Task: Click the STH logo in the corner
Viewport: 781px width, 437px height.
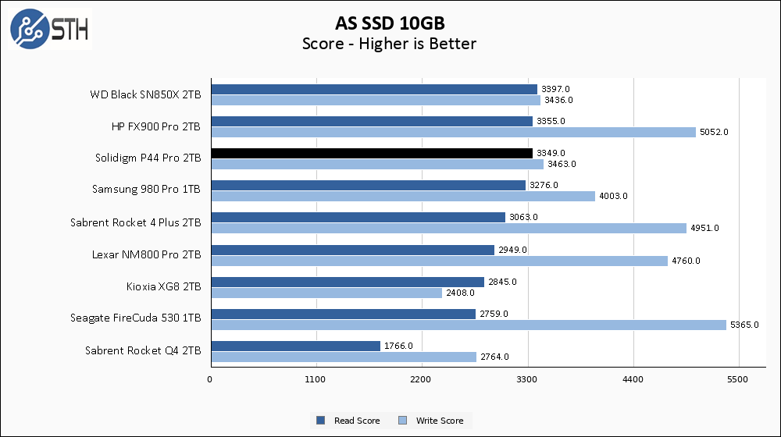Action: coord(49,29)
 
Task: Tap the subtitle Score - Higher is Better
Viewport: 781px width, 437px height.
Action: coord(389,44)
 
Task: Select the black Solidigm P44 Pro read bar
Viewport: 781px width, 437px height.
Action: coord(371,153)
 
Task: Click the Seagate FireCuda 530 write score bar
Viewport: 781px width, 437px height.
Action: coord(468,325)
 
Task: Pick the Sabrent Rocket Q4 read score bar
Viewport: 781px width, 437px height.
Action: coord(295,346)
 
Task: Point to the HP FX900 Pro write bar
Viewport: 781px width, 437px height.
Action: coord(453,132)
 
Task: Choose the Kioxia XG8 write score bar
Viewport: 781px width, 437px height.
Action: coord(326,293)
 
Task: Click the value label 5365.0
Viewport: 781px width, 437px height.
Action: coord(744,325)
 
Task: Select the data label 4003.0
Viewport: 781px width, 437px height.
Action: coord(613,196)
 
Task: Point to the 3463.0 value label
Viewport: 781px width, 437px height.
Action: coord(561,164)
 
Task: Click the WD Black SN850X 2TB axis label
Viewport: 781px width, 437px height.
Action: coord(145,94)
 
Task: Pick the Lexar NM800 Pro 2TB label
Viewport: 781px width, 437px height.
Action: coord(146,254)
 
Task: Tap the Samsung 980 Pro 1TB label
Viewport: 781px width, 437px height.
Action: coord(146,190)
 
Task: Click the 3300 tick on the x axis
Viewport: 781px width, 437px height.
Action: coord(528,380)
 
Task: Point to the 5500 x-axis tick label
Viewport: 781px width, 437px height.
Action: coord(739,380)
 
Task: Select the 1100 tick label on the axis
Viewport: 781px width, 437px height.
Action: coord(316,380)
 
